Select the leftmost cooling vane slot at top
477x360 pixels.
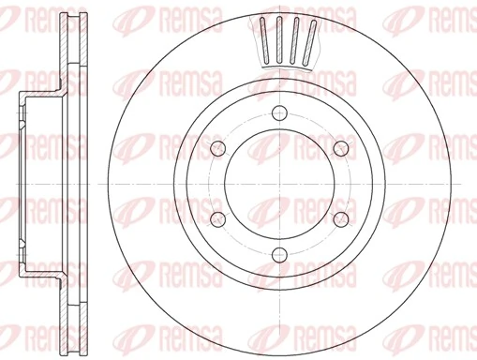click(264, 40)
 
